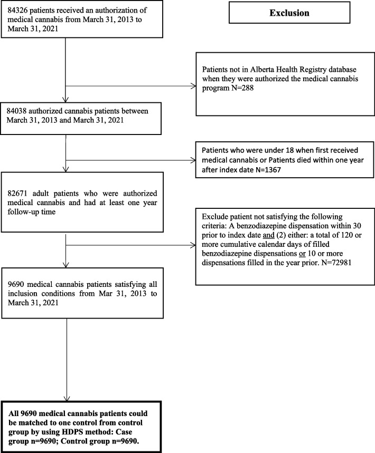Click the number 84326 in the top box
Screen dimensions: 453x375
coord(17,10)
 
